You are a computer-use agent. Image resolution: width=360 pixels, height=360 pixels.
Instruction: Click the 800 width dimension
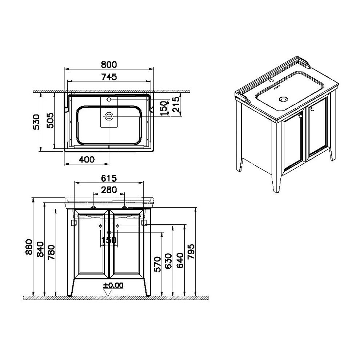[x=109, y=65]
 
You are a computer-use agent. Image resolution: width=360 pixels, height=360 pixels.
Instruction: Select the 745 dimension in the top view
[x=109, y=77]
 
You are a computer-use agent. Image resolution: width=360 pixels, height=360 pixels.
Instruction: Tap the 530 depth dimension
[x=36, y=122]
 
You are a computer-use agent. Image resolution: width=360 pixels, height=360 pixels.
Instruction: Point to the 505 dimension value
[x=50, y=120]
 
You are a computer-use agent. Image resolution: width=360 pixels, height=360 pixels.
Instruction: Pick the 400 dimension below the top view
[x=87, y=159]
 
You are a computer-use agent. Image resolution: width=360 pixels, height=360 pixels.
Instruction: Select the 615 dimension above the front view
[x=109, y=179]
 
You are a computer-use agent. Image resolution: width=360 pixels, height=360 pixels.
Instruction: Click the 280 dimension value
[x=109, y=190]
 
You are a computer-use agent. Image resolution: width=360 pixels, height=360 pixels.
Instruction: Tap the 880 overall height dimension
[x=29, y=247]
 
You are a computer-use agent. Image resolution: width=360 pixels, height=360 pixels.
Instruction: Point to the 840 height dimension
[x=40, y=249]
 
